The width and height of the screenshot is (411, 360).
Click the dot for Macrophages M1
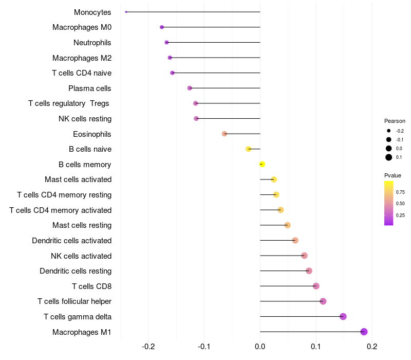364,332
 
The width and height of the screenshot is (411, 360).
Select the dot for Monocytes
126,12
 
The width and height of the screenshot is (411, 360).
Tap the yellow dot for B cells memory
262,164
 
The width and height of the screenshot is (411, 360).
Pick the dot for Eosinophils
224,134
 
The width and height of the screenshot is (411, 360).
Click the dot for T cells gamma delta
343,316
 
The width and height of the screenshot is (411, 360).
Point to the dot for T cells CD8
316,286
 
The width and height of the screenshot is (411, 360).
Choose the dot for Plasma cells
190,88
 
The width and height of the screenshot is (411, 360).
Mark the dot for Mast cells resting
287,225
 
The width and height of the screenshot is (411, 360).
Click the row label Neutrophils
92,42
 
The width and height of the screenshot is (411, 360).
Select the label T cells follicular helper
74,301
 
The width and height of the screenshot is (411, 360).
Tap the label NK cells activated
81,256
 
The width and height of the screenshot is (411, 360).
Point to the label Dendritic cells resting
76,271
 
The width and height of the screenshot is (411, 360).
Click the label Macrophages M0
82,27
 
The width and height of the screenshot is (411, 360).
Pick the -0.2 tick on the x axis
148,346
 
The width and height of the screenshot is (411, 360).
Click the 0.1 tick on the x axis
316,346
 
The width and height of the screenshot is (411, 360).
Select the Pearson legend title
395,121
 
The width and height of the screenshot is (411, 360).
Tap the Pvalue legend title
393,175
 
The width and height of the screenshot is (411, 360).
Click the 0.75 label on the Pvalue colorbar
400,192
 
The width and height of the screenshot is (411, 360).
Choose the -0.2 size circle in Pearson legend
389,131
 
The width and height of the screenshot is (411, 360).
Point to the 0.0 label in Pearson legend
399,149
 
